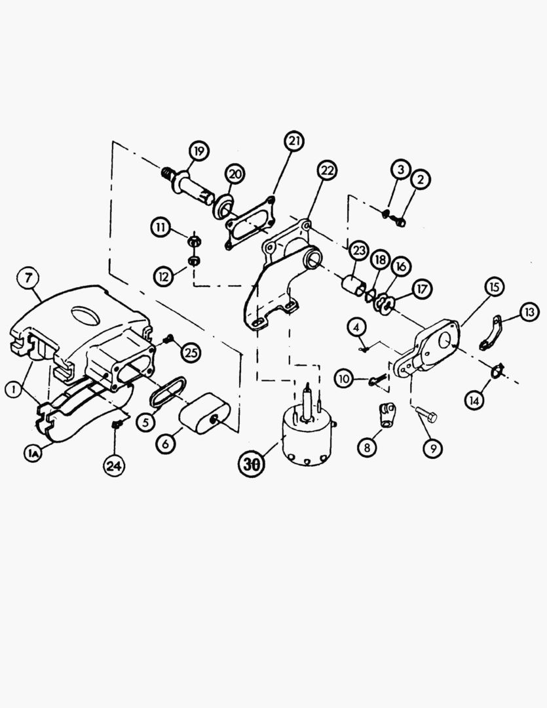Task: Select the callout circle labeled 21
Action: click(295, 142)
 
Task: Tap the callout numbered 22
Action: click(327, 171)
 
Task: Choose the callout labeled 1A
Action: click(32, 452)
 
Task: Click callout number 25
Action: click(191, 353)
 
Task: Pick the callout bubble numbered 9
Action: click(432, 448)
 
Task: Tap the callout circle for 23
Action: click(358, 250)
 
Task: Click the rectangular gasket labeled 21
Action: click(249, 224)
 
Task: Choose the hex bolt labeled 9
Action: click(425, 414)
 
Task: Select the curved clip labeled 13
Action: click(492, 333)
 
